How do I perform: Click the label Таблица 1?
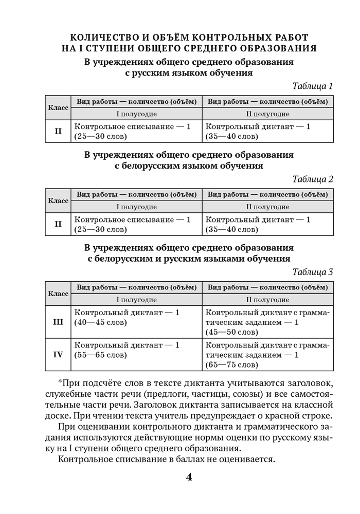313,86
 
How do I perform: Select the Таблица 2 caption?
313,179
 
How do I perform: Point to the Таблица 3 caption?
313,272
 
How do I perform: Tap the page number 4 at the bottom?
188,477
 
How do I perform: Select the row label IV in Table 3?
58,355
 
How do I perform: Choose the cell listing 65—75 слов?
267,355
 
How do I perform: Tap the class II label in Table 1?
58,131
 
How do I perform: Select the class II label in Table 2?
58,224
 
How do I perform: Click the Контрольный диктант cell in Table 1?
267,131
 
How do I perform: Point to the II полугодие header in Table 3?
267,300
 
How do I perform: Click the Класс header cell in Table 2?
58,200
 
